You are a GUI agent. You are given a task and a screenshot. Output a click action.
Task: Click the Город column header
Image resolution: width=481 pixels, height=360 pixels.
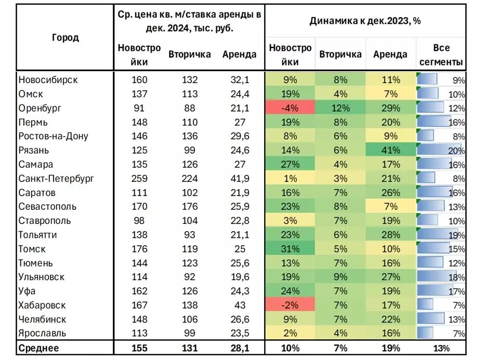(66, 37)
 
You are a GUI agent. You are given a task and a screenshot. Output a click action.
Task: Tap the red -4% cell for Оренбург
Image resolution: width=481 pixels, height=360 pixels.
(290, 108)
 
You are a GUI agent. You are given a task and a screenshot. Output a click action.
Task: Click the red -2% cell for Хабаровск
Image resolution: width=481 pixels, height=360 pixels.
(290, 305)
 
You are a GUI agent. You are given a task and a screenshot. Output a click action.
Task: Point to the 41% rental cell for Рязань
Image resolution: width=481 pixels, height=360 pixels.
(390, 150)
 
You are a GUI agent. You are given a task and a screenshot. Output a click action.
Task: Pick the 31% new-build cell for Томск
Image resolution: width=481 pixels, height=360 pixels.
(290, 249)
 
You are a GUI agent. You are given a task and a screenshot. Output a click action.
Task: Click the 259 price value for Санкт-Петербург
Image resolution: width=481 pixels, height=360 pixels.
(139, 178)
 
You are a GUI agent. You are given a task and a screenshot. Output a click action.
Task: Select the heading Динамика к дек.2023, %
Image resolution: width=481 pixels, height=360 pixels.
(365, 21)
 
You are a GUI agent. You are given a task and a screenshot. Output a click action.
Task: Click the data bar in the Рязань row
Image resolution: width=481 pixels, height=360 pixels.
(439, 150)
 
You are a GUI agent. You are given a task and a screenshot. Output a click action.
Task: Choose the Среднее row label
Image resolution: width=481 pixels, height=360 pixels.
(38, 348)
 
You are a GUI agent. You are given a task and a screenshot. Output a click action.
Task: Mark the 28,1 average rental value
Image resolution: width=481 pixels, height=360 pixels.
(239, 348)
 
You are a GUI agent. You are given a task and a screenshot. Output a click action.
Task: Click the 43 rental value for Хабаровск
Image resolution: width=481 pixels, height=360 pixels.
(239, 305)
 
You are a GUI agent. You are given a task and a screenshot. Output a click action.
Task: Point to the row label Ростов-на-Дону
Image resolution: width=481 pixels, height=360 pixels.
(53, 136)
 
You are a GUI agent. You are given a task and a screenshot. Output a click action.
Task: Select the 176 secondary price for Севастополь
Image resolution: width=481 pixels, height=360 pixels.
(189, 206)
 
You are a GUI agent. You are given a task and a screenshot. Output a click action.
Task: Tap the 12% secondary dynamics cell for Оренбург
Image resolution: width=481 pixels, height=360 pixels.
(340, 108)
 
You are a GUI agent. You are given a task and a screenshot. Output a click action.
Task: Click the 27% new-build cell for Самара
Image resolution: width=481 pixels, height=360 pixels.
(290, 164)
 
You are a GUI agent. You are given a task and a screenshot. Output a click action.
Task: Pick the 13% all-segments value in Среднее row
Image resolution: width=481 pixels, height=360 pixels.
(441, 348)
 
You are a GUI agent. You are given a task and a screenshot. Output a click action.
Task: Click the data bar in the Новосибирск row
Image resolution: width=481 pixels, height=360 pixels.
(427, 79)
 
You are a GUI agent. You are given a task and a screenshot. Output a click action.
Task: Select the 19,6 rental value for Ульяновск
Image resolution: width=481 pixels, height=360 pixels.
(239, 277)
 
